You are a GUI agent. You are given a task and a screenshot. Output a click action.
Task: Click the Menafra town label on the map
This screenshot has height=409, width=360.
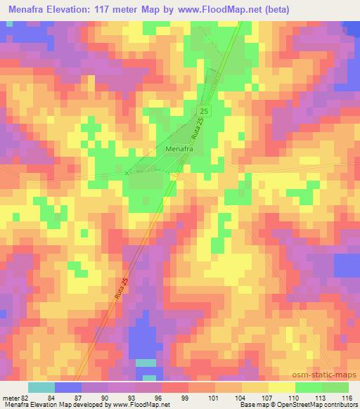click(x=179, y=149)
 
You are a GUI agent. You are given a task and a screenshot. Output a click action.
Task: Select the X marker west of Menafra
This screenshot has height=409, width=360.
click(x=127, y=172)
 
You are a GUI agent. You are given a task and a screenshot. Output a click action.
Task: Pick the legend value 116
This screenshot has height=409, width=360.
click(x=346, y=398)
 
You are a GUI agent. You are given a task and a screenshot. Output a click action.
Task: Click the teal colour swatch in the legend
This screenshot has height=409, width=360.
click(x=41, y=387)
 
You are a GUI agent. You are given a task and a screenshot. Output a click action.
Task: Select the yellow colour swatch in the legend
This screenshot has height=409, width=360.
click(x=282, y=387)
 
